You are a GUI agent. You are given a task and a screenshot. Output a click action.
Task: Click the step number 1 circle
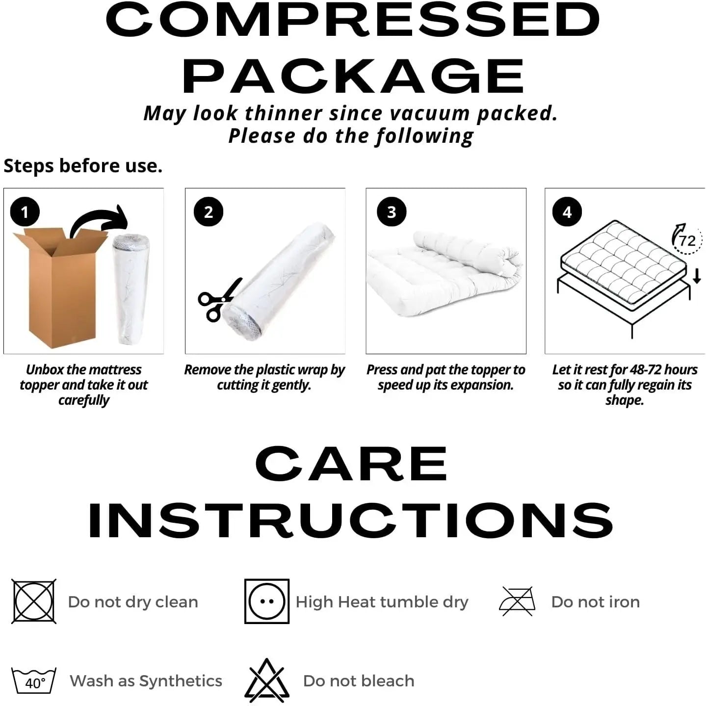point(25,212)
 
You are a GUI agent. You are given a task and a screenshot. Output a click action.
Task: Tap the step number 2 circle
point(209,212)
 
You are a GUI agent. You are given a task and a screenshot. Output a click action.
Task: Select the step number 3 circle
point(392,212)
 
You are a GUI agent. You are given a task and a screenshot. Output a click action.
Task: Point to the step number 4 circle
point(567,212)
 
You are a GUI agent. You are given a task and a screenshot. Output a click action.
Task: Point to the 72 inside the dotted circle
point(687,241)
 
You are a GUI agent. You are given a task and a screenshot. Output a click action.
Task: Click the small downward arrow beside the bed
point(697,276)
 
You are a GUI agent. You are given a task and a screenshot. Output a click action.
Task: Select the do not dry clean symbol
point(34,601)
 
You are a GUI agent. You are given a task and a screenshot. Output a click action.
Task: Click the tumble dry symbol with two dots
point(267,601)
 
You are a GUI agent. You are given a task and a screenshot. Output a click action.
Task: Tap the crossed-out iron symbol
point(517,601)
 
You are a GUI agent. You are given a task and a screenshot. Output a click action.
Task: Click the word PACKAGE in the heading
point(353,77)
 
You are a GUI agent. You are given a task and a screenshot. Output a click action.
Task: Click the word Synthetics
point(181,681)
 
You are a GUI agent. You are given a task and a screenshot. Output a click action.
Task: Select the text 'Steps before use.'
point(83,166)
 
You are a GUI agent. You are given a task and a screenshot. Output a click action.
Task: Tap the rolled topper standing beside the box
point(131,288)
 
